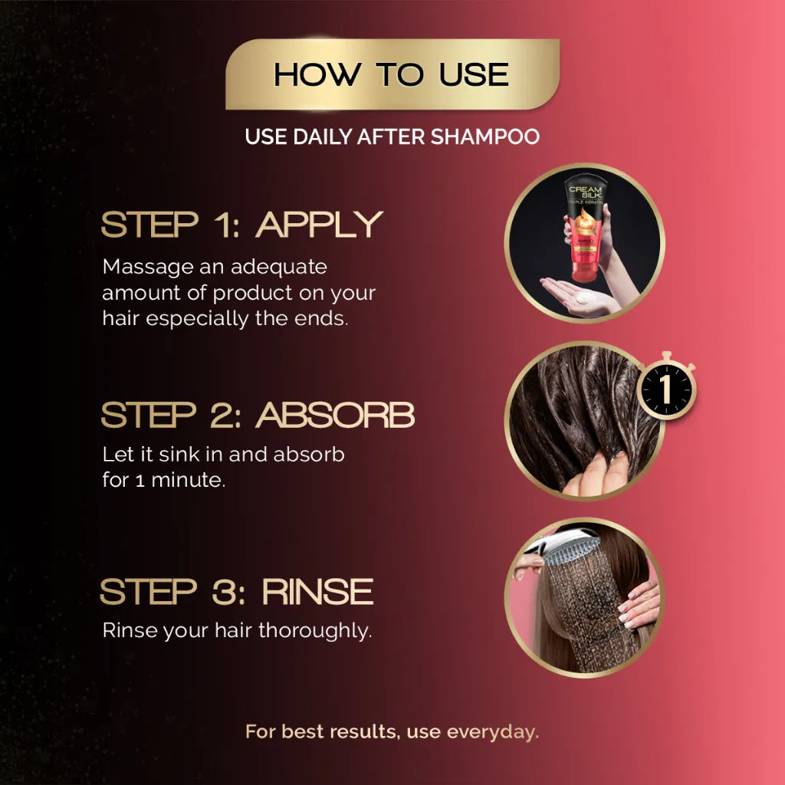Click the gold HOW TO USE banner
click(x=392, y=74)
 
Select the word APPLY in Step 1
click(x=320, y=225)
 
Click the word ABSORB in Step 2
click(x=335, y=415)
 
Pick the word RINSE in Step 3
click(x=318, y=591)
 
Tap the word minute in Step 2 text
click(x=189, y=480)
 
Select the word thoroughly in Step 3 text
click(x=315, y=631)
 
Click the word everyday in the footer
click(x=492, y=732)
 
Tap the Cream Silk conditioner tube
click(x=584, y=228)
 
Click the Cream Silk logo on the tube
click(x=585, y=192)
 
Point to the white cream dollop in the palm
click(x=586, y=298)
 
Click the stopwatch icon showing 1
click(x=667, y=386)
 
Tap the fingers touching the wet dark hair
click(x=596, y=474)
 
